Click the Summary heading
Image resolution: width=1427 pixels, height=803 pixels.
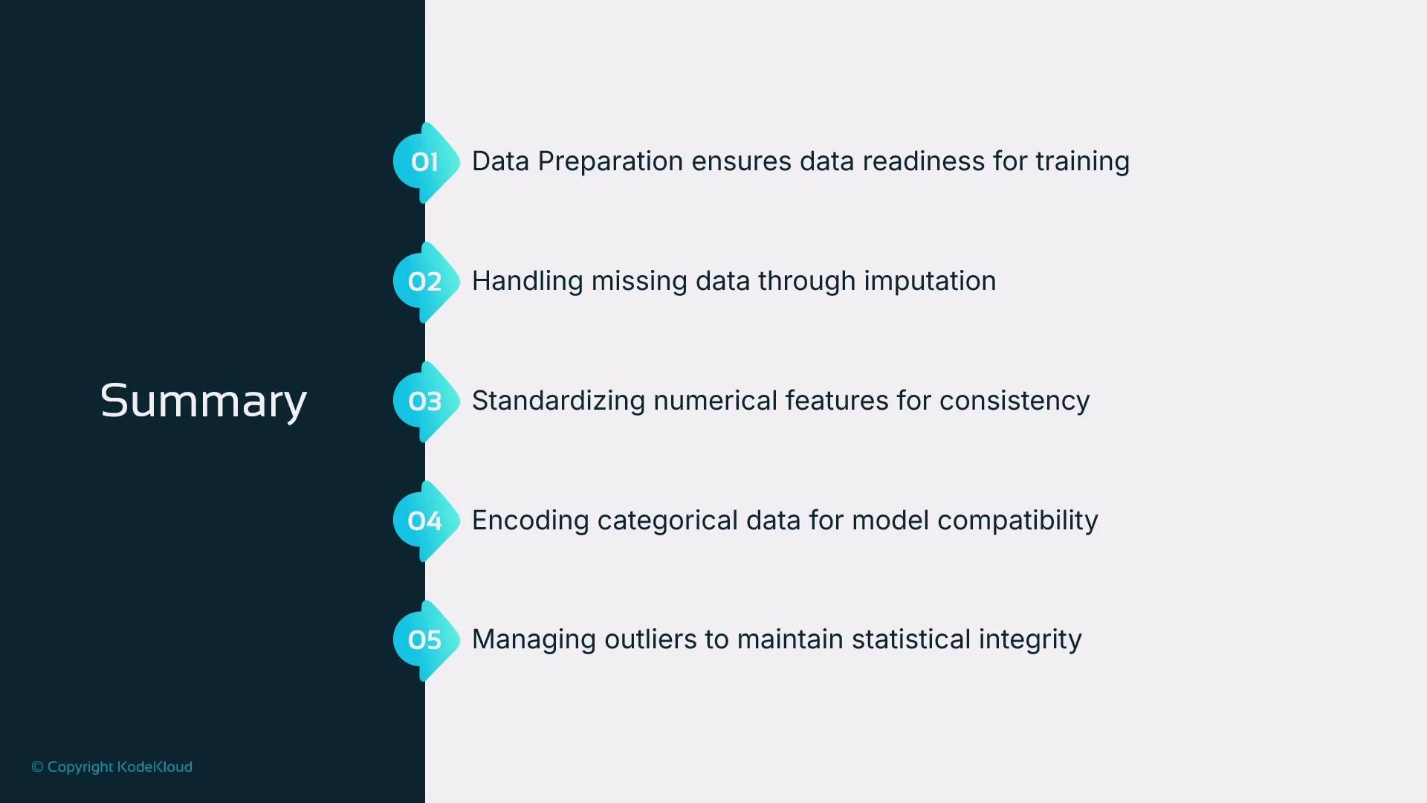203,401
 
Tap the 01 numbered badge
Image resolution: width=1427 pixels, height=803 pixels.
424,162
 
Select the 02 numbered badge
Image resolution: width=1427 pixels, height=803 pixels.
424,282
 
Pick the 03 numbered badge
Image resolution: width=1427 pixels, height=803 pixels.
424,401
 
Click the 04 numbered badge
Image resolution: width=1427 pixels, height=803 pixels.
424,521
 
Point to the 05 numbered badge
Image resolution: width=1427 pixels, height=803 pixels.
424,640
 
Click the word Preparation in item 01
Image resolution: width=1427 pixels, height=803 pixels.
610,162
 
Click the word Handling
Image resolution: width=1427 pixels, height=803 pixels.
527,281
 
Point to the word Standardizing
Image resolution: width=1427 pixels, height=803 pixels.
558,401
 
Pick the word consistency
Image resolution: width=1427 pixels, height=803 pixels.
1015,401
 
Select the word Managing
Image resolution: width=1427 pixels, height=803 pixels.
534,639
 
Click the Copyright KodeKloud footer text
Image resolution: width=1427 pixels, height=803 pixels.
112,767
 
